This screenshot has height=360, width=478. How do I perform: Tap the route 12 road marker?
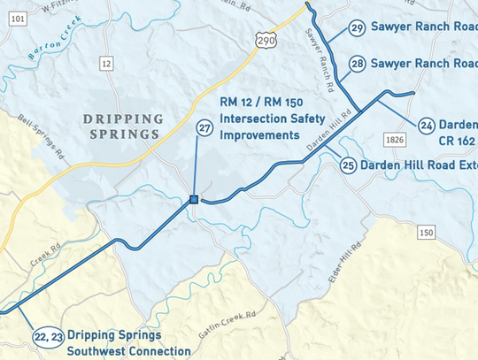click(x=107, y=63)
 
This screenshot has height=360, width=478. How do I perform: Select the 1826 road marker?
click(x=395, y=140)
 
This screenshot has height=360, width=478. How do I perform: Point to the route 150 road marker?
click(x=427, y=232)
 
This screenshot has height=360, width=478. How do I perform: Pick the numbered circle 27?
click(x=204, y=129)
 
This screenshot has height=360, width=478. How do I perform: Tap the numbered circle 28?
click(x=357, y=64)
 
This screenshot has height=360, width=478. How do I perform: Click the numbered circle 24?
click(x=427, y=126)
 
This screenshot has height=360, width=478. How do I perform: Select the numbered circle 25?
click(x=348, y=165)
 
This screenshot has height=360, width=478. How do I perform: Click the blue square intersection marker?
click(x=193, y=201)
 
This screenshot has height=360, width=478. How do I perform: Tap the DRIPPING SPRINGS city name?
click(x=123, y=126)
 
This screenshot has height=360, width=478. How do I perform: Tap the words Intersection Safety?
click(x=261, y=120)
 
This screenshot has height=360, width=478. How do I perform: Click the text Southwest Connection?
click(x=128, y=351)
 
